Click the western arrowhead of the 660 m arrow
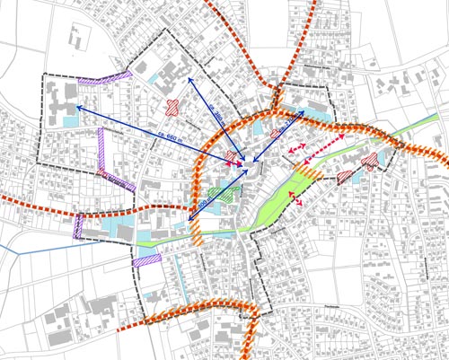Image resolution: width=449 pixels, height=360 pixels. click(65, 106)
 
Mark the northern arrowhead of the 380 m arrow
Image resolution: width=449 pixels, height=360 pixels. click(189, 79)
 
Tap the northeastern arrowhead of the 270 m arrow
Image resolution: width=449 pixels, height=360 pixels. click(304, 111)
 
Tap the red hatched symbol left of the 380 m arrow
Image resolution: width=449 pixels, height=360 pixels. click(171, 108)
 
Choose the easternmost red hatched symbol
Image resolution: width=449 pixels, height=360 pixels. click(369, 162)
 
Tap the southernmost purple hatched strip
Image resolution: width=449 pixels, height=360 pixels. click(146, 260)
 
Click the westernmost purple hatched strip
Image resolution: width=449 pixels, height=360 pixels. click(78, 225)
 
